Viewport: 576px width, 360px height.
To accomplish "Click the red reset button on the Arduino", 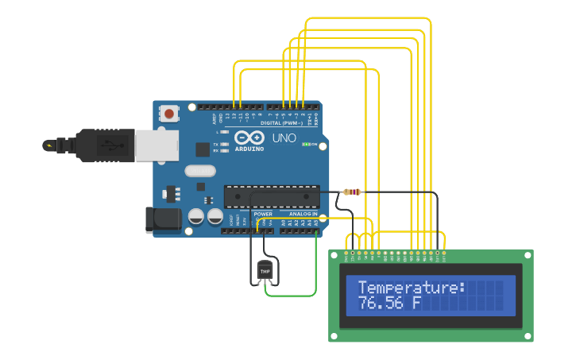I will [x=168, y=114].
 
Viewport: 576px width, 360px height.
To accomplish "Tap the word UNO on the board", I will [x=284, y=138].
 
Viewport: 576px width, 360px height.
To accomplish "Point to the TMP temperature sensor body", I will [x=265, y=271].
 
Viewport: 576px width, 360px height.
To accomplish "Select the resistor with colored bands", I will [x=352, y=192].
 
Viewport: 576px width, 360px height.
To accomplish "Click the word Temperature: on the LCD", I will [x=411, y=288].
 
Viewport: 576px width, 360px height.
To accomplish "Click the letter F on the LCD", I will [x=416, y=304].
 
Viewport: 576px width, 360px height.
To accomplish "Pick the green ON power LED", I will [x=307, y=145].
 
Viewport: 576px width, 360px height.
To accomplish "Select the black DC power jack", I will [x=163, y=219].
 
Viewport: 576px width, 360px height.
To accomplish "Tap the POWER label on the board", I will [x=263, y=214].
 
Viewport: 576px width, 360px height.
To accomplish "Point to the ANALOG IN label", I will [x=302, y=214].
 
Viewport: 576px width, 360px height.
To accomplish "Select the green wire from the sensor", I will [x=290, y=295].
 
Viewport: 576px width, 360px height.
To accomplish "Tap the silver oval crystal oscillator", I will [x=200, y=170].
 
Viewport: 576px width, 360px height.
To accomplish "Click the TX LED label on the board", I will [x=217, y=143].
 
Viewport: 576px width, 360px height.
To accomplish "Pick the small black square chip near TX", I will [x=203, y=149].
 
